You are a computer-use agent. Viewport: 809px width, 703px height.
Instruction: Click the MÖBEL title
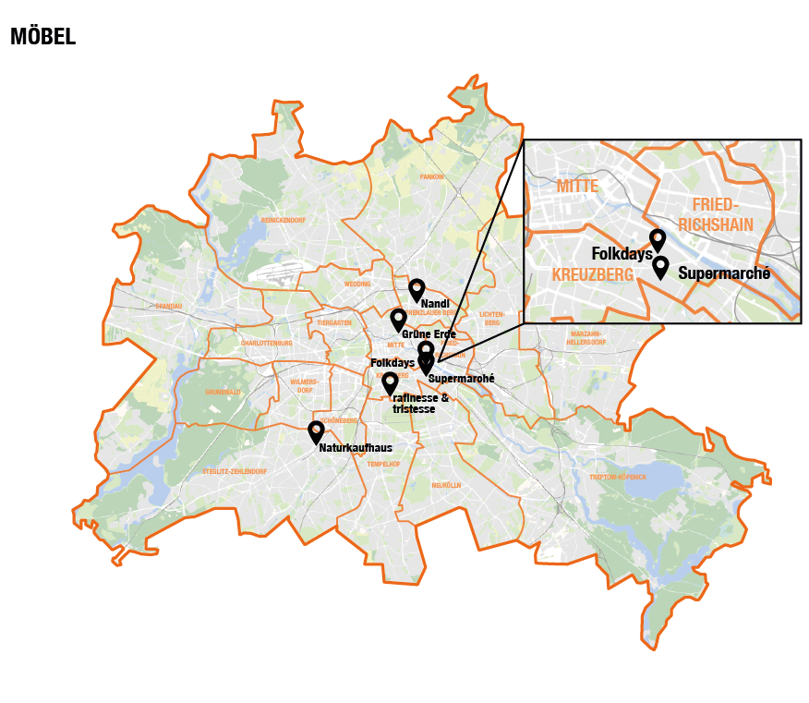click(x=42, y=37)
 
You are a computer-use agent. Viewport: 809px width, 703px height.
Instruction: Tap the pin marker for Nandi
click(x=417, y=290)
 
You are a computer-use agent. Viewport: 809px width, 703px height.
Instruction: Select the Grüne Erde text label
click(x=429, y=333)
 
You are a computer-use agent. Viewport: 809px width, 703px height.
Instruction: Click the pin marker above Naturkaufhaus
click(x=316, y=431)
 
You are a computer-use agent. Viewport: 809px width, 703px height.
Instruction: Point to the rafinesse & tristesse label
click(x=420, y=403)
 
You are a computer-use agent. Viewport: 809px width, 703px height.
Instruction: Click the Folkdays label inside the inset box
click(x=622, y=254)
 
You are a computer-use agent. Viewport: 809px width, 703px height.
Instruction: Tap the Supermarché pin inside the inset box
click(x=660, y=267)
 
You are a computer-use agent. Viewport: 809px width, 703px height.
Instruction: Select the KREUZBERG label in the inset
click(x=592, y=275)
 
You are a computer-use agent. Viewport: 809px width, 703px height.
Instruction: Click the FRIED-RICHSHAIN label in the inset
click(x=716, y=213)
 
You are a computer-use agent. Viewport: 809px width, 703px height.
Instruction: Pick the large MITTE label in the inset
click(x=577, y=187)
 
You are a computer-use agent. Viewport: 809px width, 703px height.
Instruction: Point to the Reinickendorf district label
click(x=283, y=221)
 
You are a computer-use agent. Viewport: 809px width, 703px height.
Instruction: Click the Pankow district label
click(x=432, y=176)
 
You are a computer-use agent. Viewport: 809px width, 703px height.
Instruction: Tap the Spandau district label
click(x=169, y=306)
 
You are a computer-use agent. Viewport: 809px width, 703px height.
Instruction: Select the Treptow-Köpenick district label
click(x=617, y=477)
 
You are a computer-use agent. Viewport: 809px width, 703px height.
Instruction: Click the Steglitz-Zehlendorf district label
click(x=235, y=471)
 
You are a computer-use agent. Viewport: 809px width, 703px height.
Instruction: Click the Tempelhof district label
click(x=383, y=464)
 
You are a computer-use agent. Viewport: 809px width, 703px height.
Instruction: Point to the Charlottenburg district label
click(x=266, y=343)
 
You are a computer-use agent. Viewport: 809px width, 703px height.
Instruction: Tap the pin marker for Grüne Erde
click(x=398, y=320)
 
